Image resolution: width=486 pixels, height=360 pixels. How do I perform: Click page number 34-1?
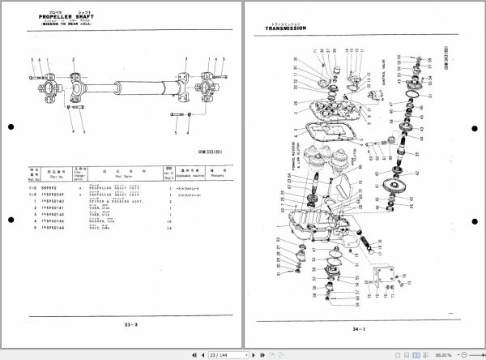[359, 329]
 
